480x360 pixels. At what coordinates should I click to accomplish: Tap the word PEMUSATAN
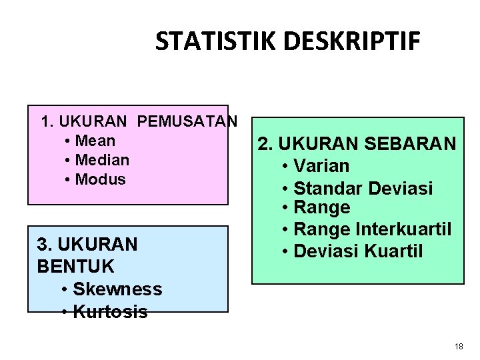tap(187, 122)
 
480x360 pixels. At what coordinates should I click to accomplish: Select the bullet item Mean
tap(95, 141)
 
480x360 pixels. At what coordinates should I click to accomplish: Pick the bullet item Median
tap(103, 160)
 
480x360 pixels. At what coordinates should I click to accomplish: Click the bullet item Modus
tap(101, 179)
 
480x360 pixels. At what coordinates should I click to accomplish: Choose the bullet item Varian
tap(321, 166)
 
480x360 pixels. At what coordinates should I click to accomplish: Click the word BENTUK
tap(76, 267)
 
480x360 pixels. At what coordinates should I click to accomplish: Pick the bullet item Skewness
tap(117, 289)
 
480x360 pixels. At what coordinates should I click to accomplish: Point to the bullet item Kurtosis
tap(110, 311)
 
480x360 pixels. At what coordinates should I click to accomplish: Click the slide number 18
tap(458, 347)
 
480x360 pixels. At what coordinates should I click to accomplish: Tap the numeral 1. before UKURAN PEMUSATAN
tap(47, 122)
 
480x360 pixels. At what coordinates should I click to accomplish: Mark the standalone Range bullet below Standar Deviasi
tap(322, 207)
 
